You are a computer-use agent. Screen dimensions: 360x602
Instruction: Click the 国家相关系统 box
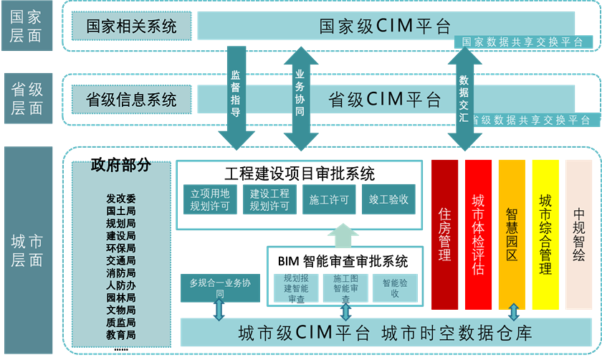[131, 27]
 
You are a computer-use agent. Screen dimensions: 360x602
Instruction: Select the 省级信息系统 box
[131, 98]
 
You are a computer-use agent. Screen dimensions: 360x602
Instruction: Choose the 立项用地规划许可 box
[209, 200]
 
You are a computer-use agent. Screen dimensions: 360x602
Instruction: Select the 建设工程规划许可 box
[269, 200]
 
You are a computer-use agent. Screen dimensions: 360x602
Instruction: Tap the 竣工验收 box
[389, 200]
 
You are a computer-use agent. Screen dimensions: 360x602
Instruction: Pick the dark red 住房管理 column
[444, 235]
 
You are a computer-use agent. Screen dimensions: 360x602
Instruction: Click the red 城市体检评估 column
[478, 235]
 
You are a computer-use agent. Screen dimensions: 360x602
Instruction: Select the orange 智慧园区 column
[512, 235]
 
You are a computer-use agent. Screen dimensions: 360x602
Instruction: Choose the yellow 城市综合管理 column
[545, 235]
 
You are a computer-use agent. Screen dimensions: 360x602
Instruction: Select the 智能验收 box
[395, 288]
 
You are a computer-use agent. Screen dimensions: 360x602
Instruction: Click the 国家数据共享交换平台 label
[523, 42]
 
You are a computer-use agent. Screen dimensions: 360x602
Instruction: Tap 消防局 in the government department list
[121, 273]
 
